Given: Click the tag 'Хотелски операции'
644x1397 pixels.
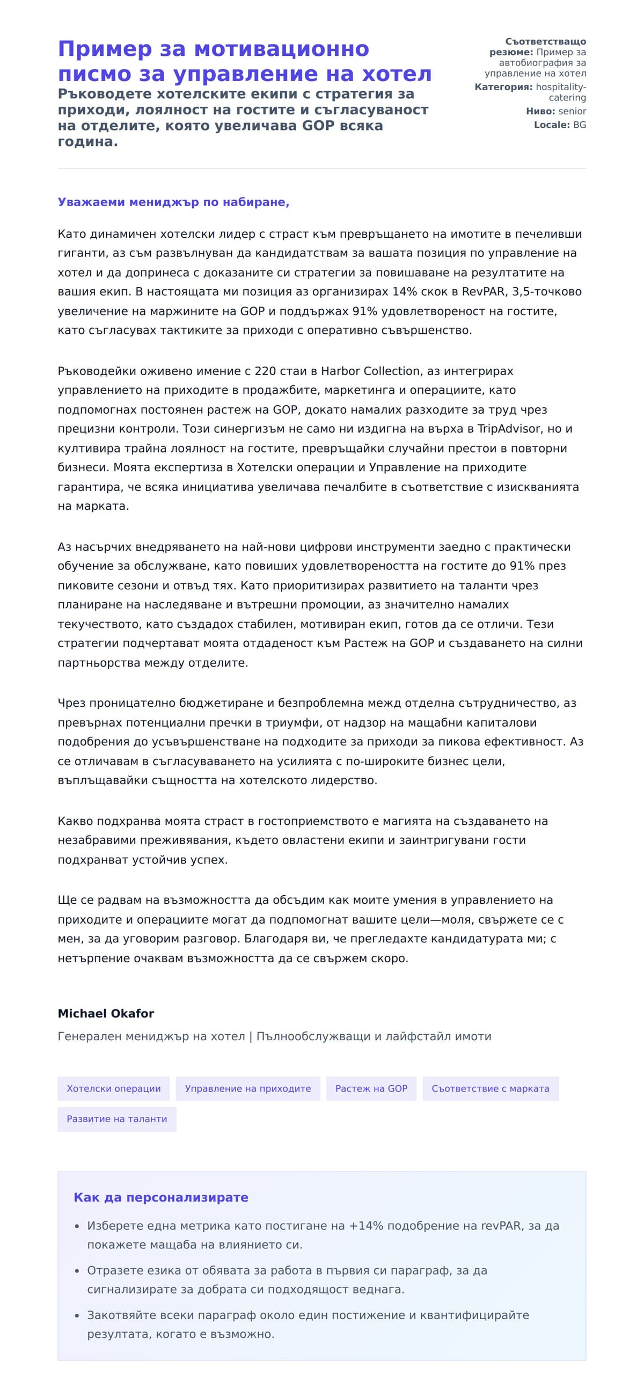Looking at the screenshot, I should point(113,1088).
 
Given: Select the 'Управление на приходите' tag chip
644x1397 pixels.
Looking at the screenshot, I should point(248,1088).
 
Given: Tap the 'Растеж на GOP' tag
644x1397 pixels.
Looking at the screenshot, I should point(371,1088).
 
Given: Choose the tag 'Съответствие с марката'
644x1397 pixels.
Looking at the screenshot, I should point(490,1088).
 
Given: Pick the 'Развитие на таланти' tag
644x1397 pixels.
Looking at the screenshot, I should point(116,1119).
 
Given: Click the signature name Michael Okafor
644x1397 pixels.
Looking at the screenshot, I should point(106,1014).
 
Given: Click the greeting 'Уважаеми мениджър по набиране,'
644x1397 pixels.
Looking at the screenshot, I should point(173,202).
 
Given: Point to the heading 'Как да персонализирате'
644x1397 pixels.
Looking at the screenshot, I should point(160,1197).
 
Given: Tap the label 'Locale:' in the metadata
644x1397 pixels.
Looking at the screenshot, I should point(551,125).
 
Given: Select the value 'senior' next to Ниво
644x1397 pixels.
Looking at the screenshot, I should point(572,111).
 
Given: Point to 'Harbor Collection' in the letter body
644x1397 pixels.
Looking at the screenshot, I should point(370,371).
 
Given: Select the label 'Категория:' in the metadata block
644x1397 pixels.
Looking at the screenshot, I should point(503,87).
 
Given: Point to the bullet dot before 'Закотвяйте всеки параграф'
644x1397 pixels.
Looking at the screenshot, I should point(76,1315).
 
